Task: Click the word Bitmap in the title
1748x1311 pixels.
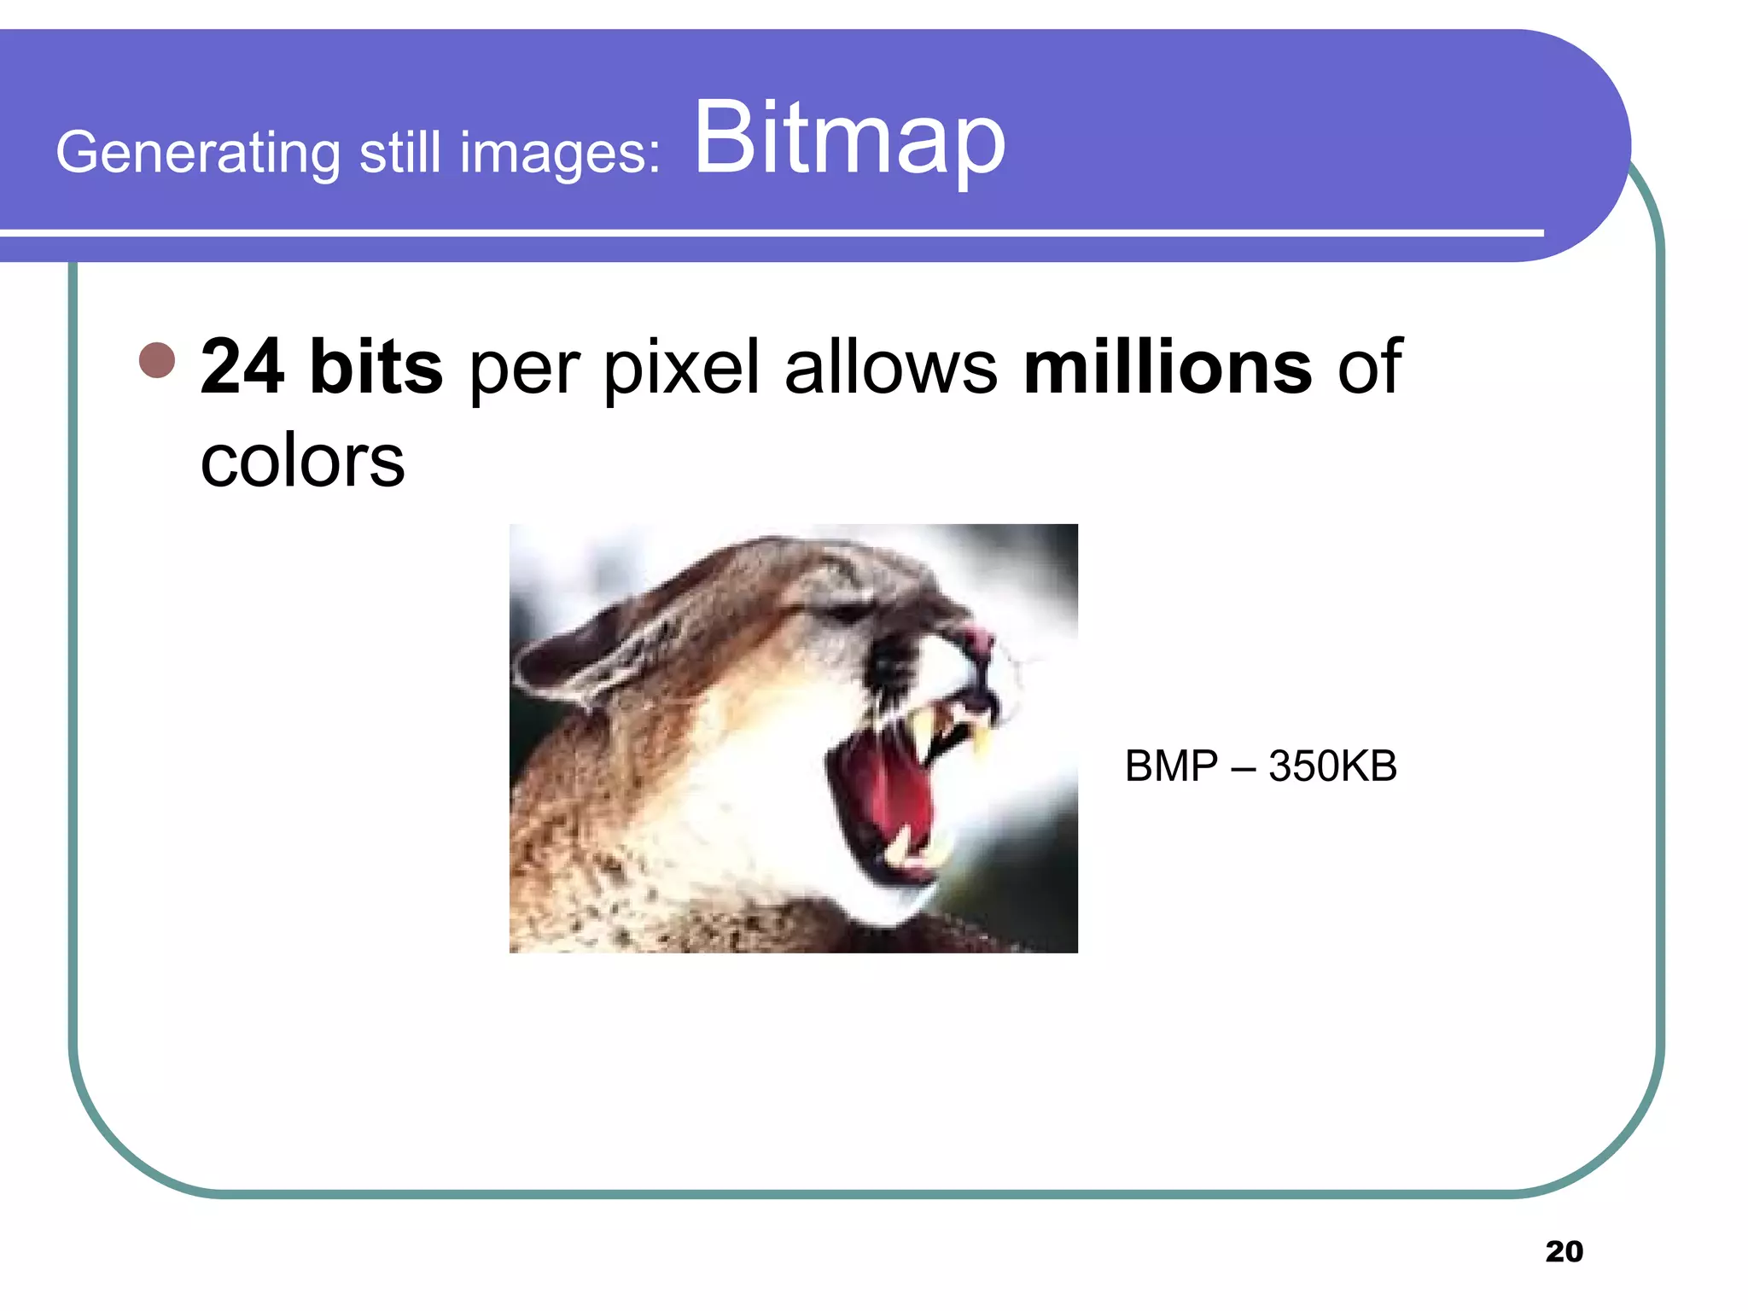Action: coord(849,139)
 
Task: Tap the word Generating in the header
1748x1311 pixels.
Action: coord(198,154)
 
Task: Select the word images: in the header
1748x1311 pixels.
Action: coord(560,154)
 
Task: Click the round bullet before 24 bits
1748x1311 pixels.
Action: coord(157,360)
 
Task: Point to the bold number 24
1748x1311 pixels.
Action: coord(242,367)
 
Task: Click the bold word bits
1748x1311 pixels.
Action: coord(376,367)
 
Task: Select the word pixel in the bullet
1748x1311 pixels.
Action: coord(681,369)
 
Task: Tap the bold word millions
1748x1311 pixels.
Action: coord(1167,367)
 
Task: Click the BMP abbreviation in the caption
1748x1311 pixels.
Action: coord(1171,766)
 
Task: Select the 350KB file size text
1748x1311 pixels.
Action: coord(1332,766)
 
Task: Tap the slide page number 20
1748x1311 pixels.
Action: coord(1564,1251)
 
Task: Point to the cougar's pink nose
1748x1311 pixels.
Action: coord(978,638)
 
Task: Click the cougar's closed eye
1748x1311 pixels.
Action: coord(845,611)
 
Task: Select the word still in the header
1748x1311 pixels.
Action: coord(399,154)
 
